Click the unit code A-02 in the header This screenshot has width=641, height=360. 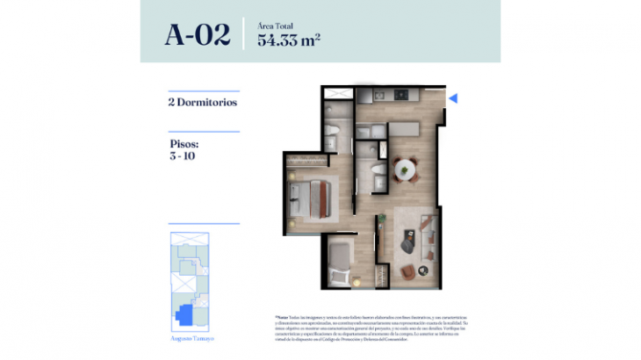(x=197, y=35)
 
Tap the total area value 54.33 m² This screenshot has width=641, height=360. (x=288, y=40)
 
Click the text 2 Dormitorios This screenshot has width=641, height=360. (x=202, y=102)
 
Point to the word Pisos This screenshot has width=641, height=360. (x=184, y=143)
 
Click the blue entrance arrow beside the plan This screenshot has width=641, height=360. (x=453, y=99)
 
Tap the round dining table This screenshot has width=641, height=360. (x=406, y=168)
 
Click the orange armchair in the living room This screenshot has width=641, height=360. (x=409, y=271)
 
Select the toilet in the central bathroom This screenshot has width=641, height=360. (x=375, y=170)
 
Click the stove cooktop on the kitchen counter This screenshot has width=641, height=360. (x=378, y=94)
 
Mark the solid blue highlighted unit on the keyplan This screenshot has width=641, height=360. (x=185, y=313)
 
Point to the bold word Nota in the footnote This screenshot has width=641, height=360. (x=283, y=315)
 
